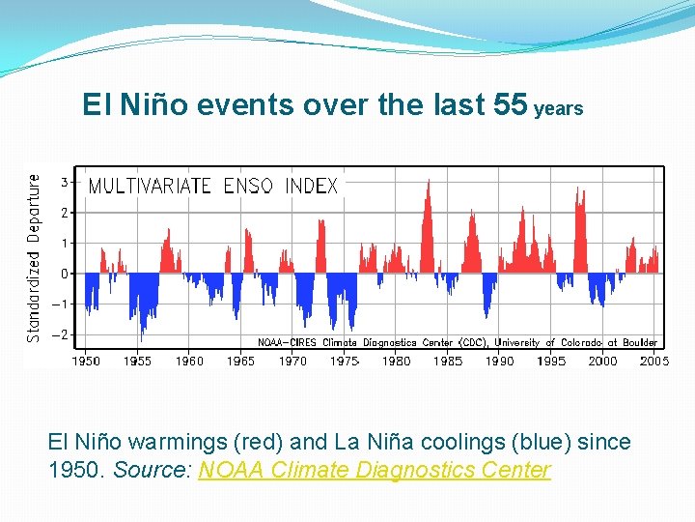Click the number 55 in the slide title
pyautogui.click(x=510, y=104)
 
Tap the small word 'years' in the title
pyautogui.click(x=559, y=109)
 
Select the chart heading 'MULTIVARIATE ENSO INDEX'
pyautogui.click(x=213, y=186)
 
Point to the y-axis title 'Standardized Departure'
pyautogui.click(x=35, y=258)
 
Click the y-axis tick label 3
pyautogui.click(x=64, y=182)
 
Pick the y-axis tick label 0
pyautogui.click(x=64, y=274)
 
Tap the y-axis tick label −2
pyautogui.click(x=61, y=334)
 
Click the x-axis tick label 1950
pyautogui.click(x=86, y=361)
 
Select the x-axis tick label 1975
pyautogui.click(x=345, y=361)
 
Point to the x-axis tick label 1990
pyautogui.click(x=499, y=361)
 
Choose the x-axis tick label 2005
pyautogui.click(x=653, y=361)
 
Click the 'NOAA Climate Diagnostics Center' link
pyautogui.click(x=375, y=470)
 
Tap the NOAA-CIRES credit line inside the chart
pyautogui.click(x=457, y=342)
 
